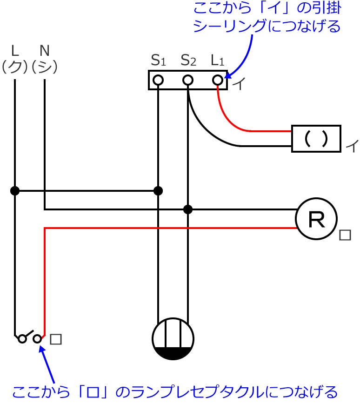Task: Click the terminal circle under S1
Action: pyautogui.click(x=158, y=80)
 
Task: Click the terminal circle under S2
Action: pyautogui.click(x=187, y=80)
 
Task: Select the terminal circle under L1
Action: pyautogui.click(x=217, y=80)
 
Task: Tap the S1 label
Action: pyautogui.click(x=158, y=60)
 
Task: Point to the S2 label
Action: pyautogui.click(x=187, y=60)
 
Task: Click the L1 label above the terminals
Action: pyautogui.click(x=217, y=60)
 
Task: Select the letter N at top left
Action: pyautogui.click(x=45, y=50)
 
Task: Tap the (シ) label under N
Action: pyautogui.click(x=45, y=67)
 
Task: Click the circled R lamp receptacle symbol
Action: pyautogui.click(x=317, y=220)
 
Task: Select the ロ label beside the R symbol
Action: pyautogui.click(x=345, y=236)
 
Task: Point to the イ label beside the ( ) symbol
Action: pyautogui.click(x=351, y=148)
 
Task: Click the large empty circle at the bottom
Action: pyautogui.click(x=173, y=339)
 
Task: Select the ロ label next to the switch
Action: pyautogui.click(x=56, y=339)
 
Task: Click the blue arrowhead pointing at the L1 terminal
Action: pyautogui.click(x=228, y=75)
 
